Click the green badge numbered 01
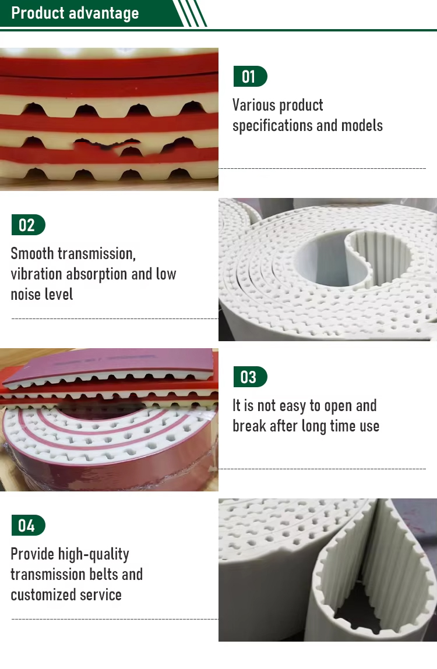click(x=250, y=77)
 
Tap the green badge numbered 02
click(x=28, y=225)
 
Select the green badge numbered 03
click(x=250, y=377)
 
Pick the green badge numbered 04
click(x=28, y=525)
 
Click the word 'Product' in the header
click(x=38, y=13)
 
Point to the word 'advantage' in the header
click(x=104, y=13)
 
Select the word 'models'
click(x=362, y=125)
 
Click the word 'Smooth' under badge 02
click(x=32, y=253)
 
